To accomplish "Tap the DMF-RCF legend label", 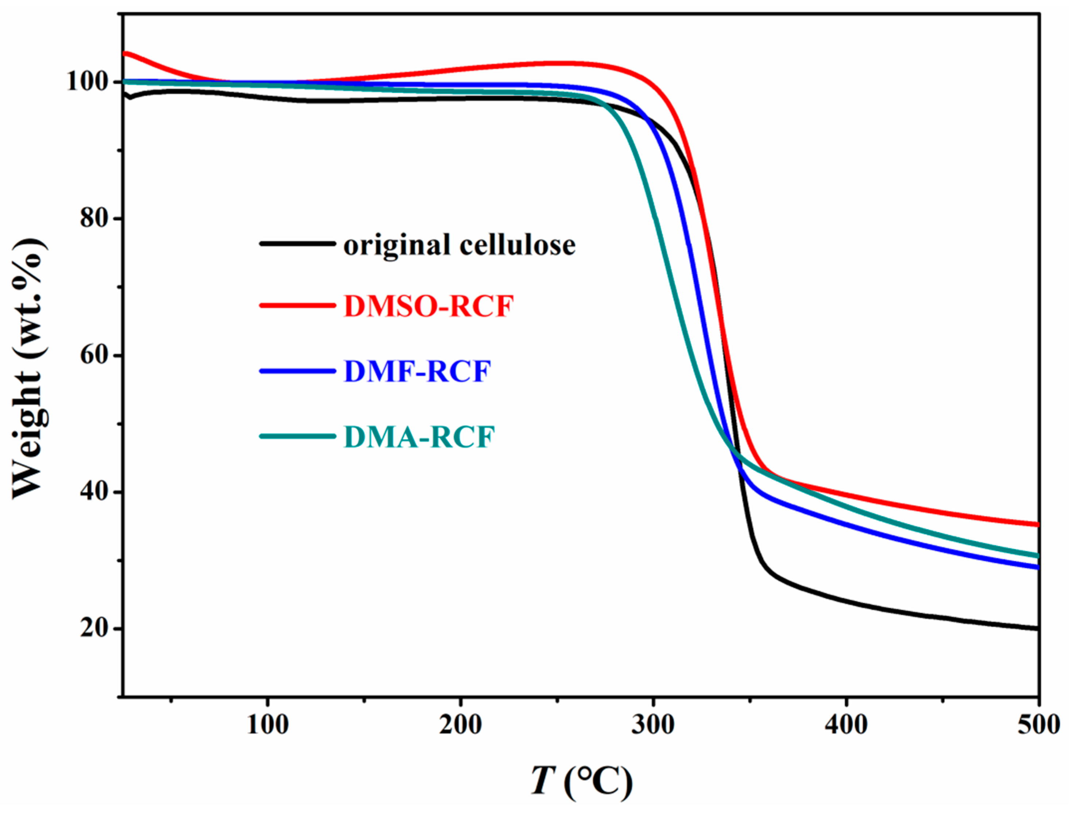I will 417,372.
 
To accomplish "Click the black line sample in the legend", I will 297,243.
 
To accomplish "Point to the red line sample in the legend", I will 297,305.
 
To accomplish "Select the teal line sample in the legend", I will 297,436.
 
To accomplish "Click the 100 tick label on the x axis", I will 268,725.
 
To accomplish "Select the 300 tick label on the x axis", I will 654,725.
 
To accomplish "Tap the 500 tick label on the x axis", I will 1039,725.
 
